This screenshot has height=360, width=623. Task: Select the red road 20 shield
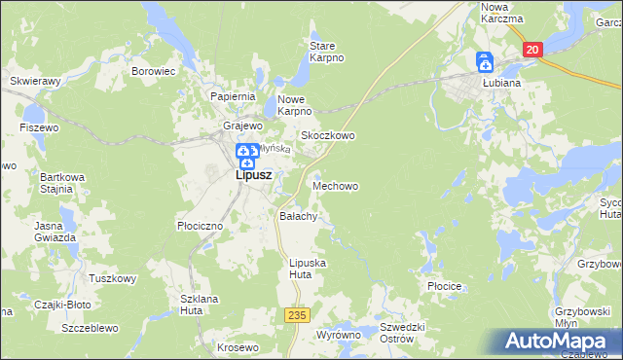pos(531,50)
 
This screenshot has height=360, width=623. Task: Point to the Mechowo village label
pos(336,185)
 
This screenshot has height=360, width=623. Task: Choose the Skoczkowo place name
pos(327,136)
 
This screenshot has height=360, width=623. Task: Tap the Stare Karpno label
pos(327,52)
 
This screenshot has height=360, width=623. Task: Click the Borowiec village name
pos(153,71)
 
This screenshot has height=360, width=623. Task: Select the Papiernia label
pos(233,97)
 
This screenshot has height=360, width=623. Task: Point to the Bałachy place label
pos(298,216)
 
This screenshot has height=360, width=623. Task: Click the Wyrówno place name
pos(338,335)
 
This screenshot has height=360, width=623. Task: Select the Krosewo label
pos(238,347)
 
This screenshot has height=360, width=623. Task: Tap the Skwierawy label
pos(34,81)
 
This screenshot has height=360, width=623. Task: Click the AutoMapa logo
pos(558,342)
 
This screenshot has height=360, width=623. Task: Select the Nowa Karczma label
pos(502,13)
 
